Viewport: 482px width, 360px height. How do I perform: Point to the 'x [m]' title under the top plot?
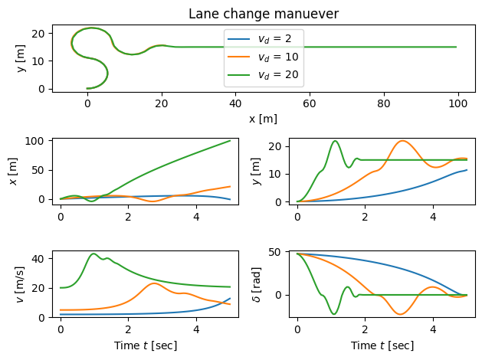(x=263, y=119)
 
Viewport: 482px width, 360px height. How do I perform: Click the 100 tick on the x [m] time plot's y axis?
(x=37, y=141)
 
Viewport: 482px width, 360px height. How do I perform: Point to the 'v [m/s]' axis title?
(x=21, y=283)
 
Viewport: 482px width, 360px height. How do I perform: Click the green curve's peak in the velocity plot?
(x=93, y=254)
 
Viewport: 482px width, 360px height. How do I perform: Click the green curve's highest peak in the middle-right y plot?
(x=335, y=141)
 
